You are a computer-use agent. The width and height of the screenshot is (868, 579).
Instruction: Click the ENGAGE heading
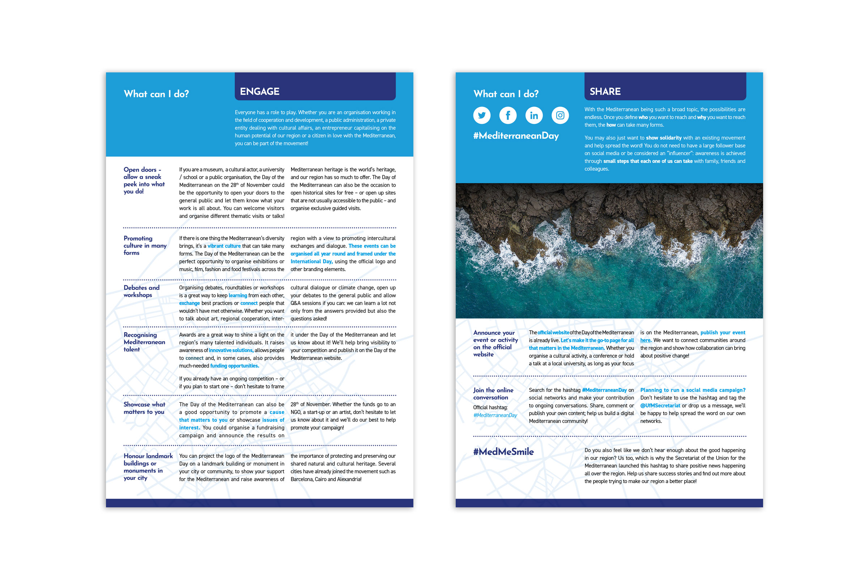[259, 92]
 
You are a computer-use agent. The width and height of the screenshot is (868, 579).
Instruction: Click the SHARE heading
[605, 92]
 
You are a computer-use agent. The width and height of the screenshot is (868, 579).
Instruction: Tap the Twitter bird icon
[482, 115]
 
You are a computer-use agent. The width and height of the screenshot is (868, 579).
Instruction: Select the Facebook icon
[508, 115]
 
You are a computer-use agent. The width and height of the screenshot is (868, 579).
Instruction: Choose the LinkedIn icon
[534, 115]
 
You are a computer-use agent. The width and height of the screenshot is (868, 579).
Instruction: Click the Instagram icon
[560, 115]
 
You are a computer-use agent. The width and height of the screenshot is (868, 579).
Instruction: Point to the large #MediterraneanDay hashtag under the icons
[516, 136]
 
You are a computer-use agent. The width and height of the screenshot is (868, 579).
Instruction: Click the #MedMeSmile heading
[503, 452]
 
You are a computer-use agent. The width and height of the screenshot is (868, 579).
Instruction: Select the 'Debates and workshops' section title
[141, 291]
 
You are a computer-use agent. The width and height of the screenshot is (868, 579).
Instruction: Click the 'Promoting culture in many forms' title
[145, 246]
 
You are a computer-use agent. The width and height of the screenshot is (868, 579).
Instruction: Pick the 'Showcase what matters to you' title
[144, 408]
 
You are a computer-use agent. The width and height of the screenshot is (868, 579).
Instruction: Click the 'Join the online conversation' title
[493, 394]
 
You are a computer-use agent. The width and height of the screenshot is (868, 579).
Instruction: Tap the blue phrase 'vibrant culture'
[224, 246]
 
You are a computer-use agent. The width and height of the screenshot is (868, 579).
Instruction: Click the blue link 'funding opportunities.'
[234, 366]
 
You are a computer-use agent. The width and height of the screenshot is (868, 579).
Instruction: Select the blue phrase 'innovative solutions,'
[231, 350]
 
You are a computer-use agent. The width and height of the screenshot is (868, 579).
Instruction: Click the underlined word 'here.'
[646, 341]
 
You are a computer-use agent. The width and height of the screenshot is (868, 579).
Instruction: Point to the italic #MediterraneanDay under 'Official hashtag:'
[495, 415]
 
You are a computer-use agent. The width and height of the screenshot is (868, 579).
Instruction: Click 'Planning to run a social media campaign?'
[692, 390]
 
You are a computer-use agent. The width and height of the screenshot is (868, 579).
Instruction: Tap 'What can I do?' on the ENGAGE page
[156, 94]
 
